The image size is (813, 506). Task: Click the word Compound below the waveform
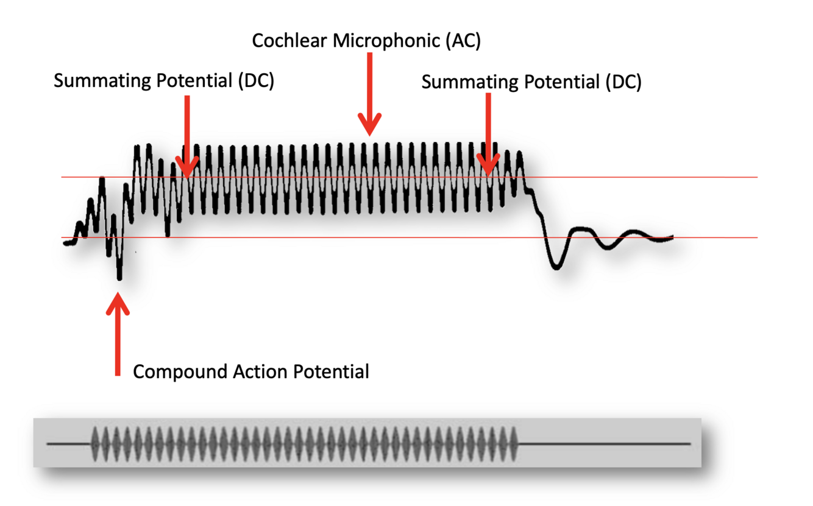tap(180, 371)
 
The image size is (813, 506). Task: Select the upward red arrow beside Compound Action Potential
tap(118, 335)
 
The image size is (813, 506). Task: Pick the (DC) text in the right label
tap(623, 82)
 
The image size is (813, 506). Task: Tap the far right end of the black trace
tap(672, 236)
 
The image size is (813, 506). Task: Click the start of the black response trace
tap(66, 243)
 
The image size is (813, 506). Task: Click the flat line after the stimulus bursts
tap(603, 444)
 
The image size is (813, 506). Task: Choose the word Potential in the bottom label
tap(331, 371)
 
